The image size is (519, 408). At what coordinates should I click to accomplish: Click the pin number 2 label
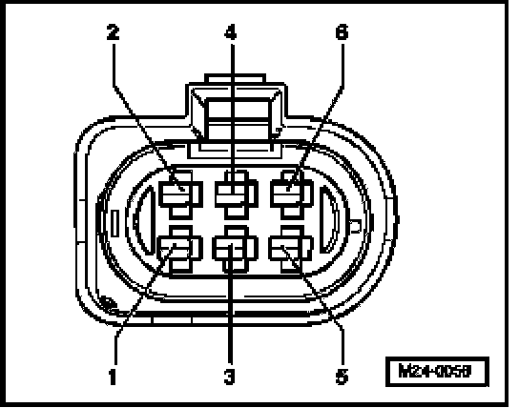[x=113, y=32]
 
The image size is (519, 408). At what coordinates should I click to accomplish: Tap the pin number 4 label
[x=231, y=32]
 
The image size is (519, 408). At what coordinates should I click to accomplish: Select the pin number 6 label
[x=342, y=32]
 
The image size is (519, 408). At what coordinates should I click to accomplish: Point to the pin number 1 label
[x=113, y=377]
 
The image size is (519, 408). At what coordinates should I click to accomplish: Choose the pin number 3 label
[x=229, y=377]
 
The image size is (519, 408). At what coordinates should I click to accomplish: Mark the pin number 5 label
[x=343, y=377]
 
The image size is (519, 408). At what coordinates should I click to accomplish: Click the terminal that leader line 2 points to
[x=180, y=194]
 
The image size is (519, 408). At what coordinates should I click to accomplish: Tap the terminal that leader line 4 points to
[x=237, y=194]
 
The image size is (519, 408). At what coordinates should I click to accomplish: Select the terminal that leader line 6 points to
[x=292, y=194]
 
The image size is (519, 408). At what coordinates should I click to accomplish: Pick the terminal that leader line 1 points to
[x=180, y=250]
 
